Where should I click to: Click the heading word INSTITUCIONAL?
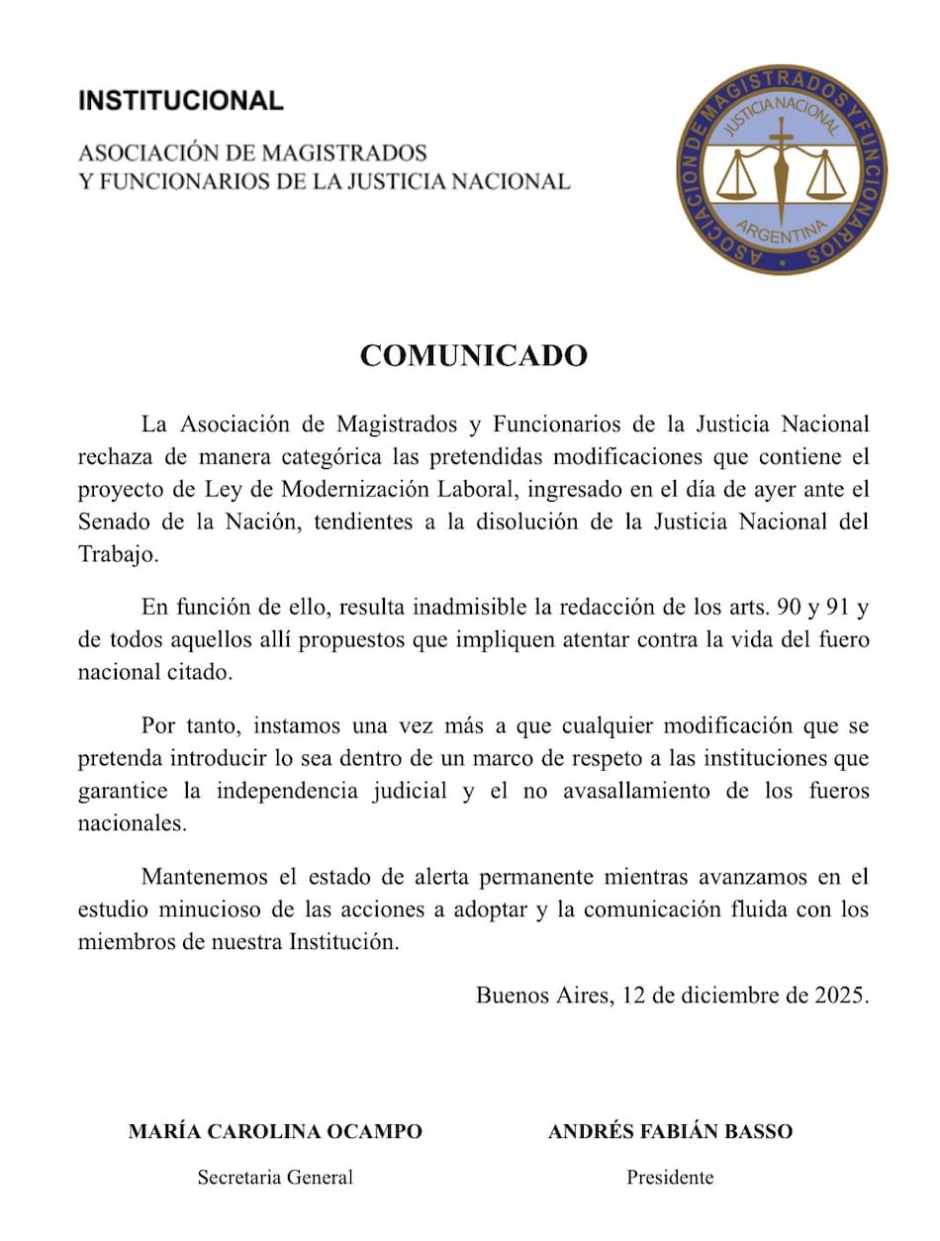click(180, 100)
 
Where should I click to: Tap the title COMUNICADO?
click(473, 355)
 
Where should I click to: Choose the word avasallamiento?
click(620, 792)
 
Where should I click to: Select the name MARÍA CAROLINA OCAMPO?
click(275, 1131)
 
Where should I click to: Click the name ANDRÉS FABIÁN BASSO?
click(670, 1131)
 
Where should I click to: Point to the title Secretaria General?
click(275, 1178)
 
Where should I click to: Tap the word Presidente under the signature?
click(670, 1178)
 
